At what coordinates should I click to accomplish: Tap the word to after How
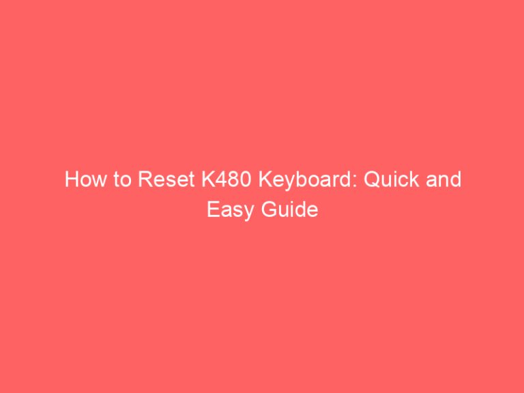pyautogui.click(x=117, y=180)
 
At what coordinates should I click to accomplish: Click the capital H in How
pyautogui.click(x=71, y=180)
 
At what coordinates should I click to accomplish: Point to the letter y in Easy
pyautogui.click(x=246, y=212)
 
